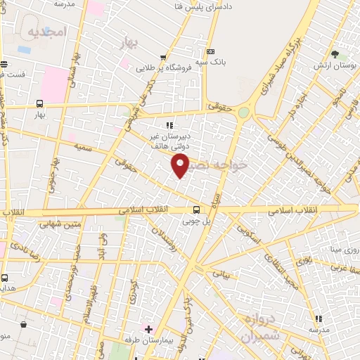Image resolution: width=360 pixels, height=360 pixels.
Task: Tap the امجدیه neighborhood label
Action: pyautogui.click(x=47, y=32)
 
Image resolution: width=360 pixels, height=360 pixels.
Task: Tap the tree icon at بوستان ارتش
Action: pyautogui.click(x=335, y=54)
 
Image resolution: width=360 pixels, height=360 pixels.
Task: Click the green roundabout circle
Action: pyautogui.click(x=243, y=112)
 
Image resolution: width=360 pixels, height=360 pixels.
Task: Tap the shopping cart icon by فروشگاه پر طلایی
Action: pyautogui.click(x=163, y=58)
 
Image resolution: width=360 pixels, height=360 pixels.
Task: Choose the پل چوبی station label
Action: pyautogui.click(x=197, y=221)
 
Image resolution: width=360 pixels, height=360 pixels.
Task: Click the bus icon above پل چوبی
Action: pyautogui.click(x=196, y=209)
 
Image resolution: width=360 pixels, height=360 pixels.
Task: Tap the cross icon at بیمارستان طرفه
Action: pyautogui.click(x=148, y=328)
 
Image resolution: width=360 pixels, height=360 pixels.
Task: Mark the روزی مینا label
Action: pyautogui.click(x=345, y=250)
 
